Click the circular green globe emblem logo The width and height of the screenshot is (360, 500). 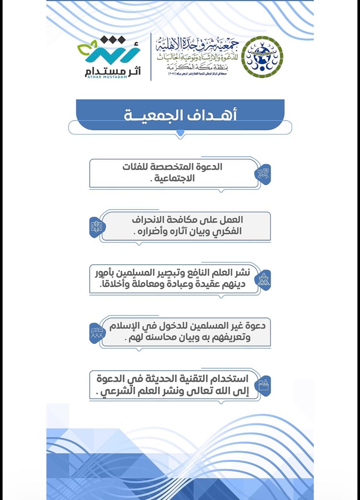click(x=262, y=57)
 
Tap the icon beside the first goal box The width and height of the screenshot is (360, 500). click(x=263, y=173)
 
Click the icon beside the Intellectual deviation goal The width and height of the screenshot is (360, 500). click(x=96, y=226)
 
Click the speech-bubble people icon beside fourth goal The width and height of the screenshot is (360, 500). click(x=97, y=332)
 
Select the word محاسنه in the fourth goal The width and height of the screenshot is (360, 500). click(x=167, y=337)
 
